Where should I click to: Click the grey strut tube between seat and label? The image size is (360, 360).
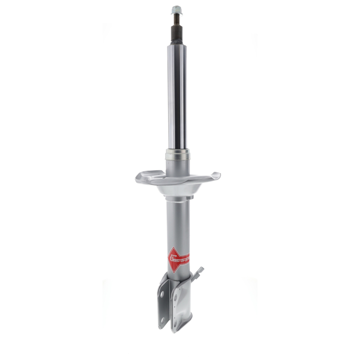177,220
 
